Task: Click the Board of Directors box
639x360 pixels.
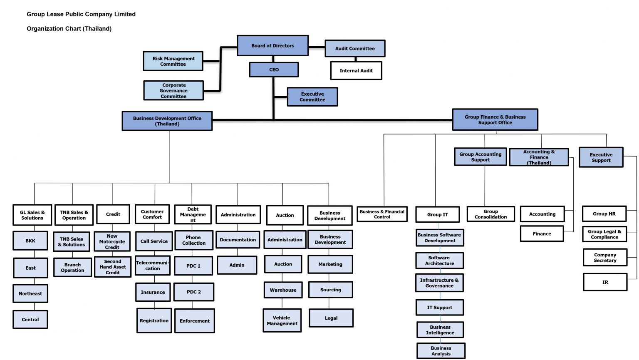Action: pos(272,46)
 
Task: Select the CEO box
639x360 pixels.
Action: pos(274,70)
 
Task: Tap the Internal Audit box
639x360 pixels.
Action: pos(356,71)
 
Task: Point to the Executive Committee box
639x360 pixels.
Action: pos(312,97)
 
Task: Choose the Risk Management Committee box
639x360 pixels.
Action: pos(173,61)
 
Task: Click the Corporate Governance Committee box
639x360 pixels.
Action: pos(173,91)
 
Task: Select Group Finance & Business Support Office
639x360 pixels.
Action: pos(495,119)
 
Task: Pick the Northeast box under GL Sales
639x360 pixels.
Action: pos(30,293)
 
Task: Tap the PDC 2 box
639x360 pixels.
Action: pos(194,292)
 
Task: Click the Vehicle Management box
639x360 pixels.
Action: pos(282,320)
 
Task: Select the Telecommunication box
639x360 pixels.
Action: pos(153,266)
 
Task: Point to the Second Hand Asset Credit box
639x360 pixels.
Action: pos(113,267)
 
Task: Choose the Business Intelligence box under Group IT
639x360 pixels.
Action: pos(440,330)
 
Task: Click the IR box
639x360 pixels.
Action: pos(605,282)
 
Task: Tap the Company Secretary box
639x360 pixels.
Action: pos(605,258)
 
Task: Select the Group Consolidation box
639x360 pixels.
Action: pos(490,214)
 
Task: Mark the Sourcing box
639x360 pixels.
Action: pos(331,290)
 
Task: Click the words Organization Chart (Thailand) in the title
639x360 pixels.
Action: pos(69,29)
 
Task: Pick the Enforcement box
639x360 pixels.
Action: pos(195,321)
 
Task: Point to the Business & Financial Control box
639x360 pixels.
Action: pos(382,214)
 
